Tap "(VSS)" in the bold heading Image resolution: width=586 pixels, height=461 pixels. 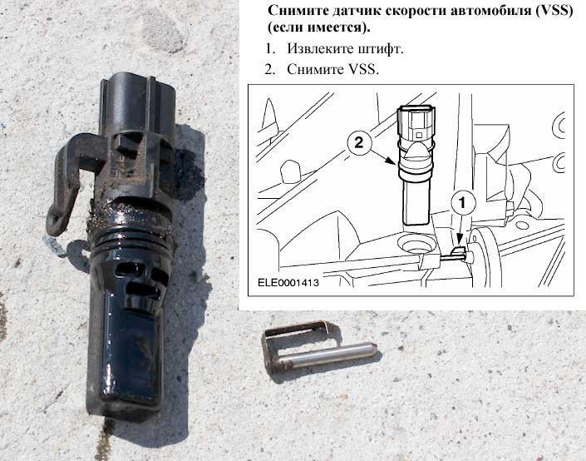pos(554,10)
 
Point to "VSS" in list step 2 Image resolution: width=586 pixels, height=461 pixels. pos(362,69)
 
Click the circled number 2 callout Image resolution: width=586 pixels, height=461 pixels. pos(358,142)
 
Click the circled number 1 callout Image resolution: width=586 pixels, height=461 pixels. pos(463,203)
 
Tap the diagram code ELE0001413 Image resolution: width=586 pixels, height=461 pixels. pos(288,283)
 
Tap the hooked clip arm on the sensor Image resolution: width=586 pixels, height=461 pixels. pos(69,180)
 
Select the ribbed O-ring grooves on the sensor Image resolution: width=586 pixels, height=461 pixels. pos(131,234)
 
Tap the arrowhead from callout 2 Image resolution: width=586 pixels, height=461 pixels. pos(391,161)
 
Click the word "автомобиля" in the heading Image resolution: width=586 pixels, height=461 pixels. pos(490,10)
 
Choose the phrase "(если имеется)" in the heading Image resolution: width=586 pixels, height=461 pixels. pos(319,28)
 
